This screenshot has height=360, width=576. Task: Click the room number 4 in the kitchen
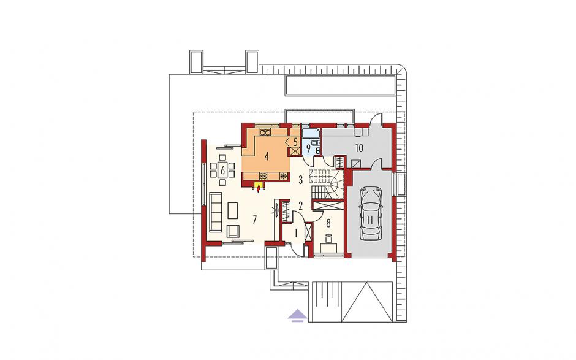(267, 156)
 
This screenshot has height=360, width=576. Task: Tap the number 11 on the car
(369, 220)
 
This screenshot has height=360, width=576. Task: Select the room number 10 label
(359, 148)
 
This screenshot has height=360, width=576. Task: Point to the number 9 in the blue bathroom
(308, 149)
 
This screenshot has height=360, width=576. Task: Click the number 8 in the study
(328, 223)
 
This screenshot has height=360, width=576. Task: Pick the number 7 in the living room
(254, 220)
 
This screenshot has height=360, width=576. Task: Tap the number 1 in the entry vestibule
(297, 232)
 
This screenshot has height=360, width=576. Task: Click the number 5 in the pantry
(295, 142)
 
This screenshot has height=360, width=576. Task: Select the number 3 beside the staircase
(300, 180)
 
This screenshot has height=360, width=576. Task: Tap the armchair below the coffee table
(233, 231)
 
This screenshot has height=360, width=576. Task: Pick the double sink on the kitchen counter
(265, 131)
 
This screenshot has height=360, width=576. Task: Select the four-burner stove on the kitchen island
(263, 176)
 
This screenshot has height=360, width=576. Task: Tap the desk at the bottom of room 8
(329, 248)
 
